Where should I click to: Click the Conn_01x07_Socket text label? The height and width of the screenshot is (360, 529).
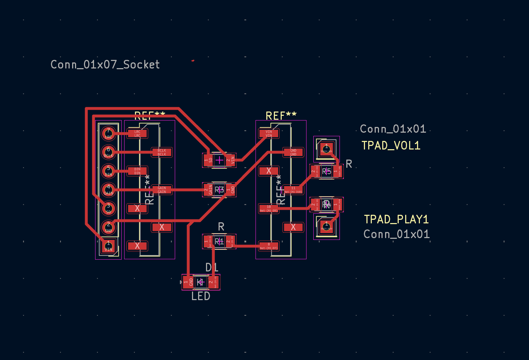[x=105, y=65]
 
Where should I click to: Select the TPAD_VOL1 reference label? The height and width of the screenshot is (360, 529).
[x=390, y=146]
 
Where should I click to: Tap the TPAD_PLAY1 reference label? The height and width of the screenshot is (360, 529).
[x=396, y=219]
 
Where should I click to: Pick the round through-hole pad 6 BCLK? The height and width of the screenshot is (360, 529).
[x=108, y=152]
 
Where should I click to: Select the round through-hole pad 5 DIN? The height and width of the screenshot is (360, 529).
[x=108, y=171]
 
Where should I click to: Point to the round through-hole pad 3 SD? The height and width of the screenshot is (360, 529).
[x=108, y=208]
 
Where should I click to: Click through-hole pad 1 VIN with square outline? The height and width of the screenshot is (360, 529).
[x=108, y=246]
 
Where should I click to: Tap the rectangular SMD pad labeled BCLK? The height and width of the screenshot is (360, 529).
[x=162, y=152]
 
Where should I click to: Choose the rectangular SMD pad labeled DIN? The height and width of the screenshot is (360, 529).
[x=137, y=171]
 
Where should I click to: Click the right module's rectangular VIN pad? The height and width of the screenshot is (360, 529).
[x=269, y=134]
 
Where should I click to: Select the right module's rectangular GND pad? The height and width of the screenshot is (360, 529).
[x=293, y=152]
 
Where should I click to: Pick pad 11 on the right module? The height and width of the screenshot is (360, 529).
[x=293, y=190]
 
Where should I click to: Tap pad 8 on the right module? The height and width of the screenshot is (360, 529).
[x=269, y=246]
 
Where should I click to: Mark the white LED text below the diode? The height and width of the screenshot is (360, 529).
[x=201, y=297]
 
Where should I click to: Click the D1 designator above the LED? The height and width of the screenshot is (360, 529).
[x=212, y=267]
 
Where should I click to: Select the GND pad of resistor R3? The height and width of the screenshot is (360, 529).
[x=231, y=190]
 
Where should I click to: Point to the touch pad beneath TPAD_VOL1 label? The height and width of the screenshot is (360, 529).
[x=326, y=148]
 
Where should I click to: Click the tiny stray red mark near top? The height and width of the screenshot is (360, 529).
[x=193, y=61]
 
